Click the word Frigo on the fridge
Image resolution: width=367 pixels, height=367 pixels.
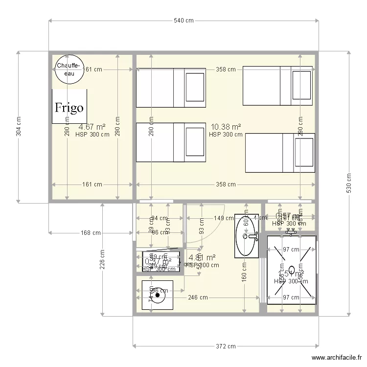pyautogui.click(x=69, y=108)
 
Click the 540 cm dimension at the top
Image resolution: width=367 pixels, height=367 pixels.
pyautogui.click(x=183, y=21)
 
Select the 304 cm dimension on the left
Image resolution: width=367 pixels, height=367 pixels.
pyautogui.click(x=19, y=127)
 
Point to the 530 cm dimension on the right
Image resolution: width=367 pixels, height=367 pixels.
pyautogui.click(x=348, y=183)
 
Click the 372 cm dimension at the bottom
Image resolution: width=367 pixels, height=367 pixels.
pyautogui.click(x=225, y=346)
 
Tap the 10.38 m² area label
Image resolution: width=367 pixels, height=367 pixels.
pyautogui.click(x=226, y=127)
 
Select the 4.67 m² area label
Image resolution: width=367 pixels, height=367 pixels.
pyautogui.click(x=92, y=127)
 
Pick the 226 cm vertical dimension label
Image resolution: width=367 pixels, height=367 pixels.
pyautogui.click(x=103, y=260)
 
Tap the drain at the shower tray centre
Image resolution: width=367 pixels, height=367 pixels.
pyautogui.click(x=292, y=269)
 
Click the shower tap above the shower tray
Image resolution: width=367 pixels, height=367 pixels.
pyautogui.click(x=291, y=229)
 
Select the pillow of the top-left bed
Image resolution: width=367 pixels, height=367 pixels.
pyautogui.click(x=195, y=88)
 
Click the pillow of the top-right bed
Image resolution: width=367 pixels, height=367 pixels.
pyautogui.click(x=301, y=86)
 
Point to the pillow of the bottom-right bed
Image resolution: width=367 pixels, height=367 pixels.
pyautogui.click(x=303, y=154)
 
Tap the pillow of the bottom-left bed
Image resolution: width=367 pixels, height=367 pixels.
pyautogui.click(x=195, y=142)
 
